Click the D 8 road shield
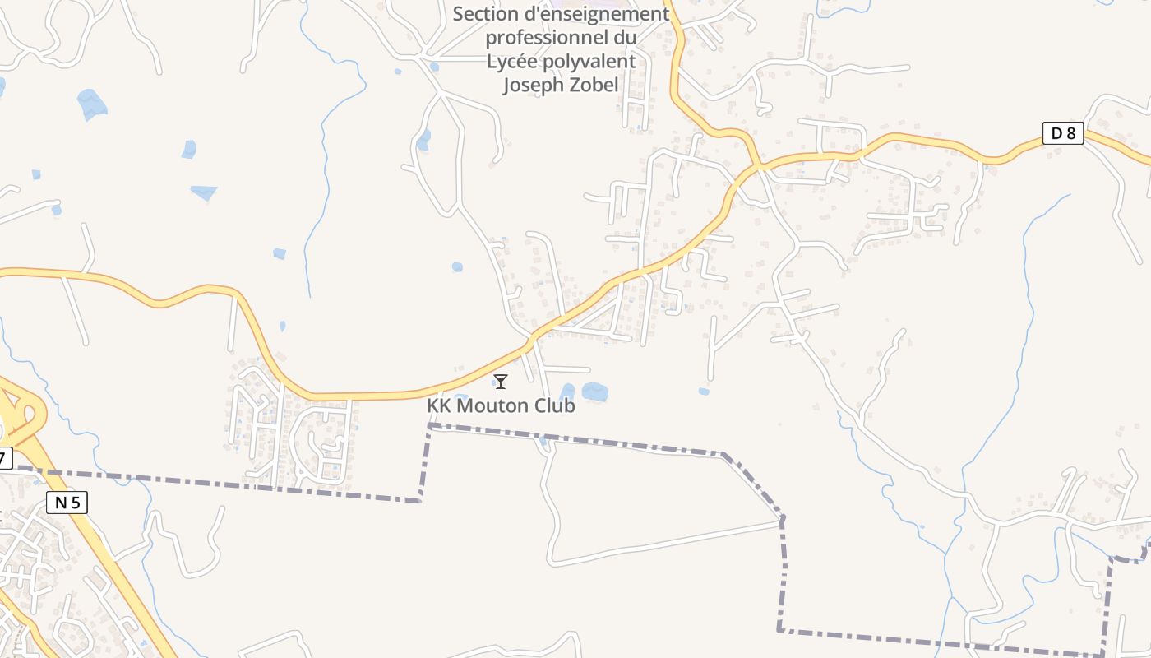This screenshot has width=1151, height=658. coord(1063,132)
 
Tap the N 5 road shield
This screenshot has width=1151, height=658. coord(67,503)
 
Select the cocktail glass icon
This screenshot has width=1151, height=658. coord(500,382)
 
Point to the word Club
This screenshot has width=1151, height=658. coord(555,405)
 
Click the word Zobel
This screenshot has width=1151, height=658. coord(593,85)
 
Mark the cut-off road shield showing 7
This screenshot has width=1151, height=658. coord(5,458)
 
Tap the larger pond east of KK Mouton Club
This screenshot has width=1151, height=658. coord(594,392)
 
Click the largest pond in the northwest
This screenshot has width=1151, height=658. coord(91,104)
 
